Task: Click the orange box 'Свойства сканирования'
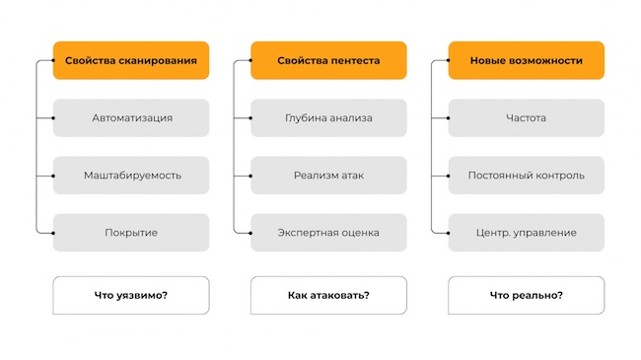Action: [x=131, y=60]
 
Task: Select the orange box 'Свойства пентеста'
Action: [x=328, y=60]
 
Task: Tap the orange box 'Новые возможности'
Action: [x=526, y=60]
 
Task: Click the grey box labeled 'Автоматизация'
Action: [x=131, y=118]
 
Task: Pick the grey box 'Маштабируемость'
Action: [x=131, y=176]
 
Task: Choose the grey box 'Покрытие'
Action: [x=131, y=233]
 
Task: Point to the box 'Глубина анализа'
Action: [x=328, y=118]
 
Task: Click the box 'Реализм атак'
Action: [x=328, y=176]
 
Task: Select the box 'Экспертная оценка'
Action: [x=328, y=233]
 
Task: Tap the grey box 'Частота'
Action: [x=526, y=118]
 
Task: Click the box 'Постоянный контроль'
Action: [x=526, y=176]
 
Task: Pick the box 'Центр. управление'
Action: [x=526, y=233]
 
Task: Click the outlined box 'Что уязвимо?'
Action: [x=131, y=295]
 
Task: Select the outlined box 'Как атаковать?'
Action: [x=328, y=295]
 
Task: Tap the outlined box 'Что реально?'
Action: [x=526, y=295]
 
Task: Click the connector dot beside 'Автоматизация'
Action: [x=53, y=118]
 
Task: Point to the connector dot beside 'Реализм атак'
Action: [x=250, y=176]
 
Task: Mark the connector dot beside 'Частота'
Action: [x=449, y=118]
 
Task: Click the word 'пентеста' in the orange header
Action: [x=353, y=60]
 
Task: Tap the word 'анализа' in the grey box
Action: [x=351, y=118]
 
